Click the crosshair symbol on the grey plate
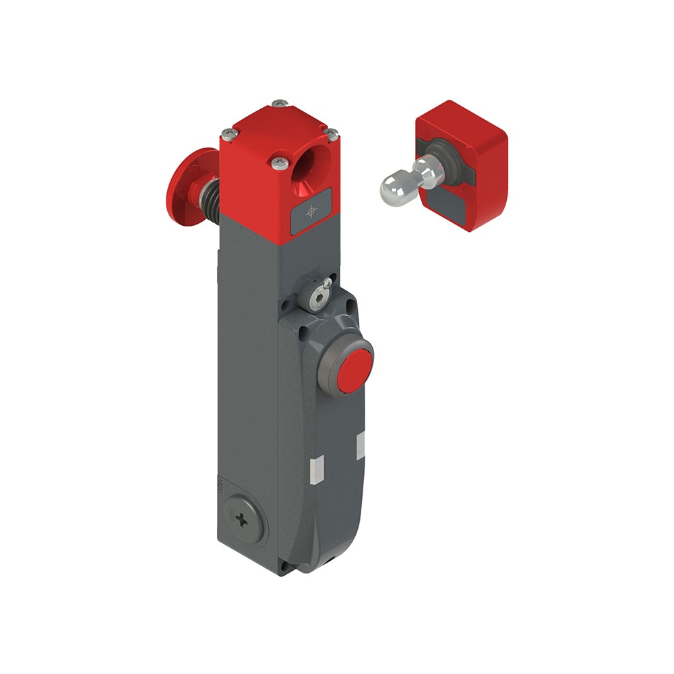point(311,212)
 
